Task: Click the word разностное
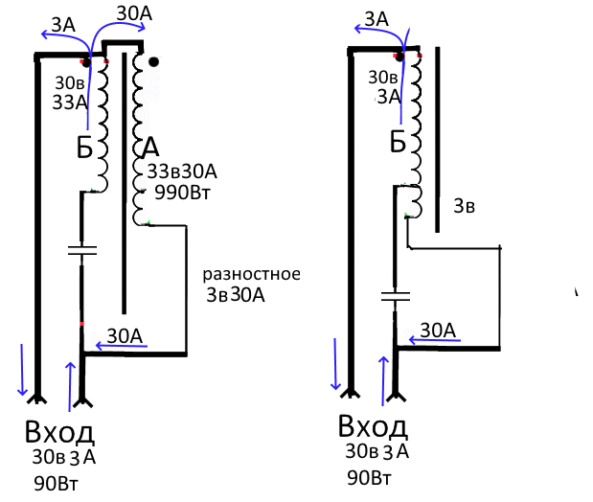click(x=252, y=276)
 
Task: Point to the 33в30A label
click(x=182, y=171)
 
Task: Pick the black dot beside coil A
click(x=154, y=62)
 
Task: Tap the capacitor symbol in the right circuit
click(x=396, y=294)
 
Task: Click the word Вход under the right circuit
click(x=373, y=425)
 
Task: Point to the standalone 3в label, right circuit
click(x=464, y=206)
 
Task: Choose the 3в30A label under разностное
click(x=235, y=295)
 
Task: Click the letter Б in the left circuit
click(x=85, y=148)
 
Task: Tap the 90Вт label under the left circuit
click(x=57, y=479)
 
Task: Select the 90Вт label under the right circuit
click(x=370, y=477)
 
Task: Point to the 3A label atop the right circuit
click(x=376, y=19)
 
